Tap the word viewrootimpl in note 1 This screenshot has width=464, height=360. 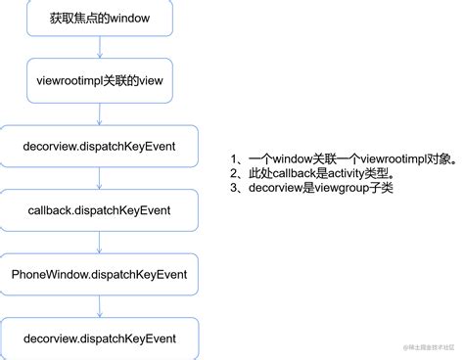coord(372,158)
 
